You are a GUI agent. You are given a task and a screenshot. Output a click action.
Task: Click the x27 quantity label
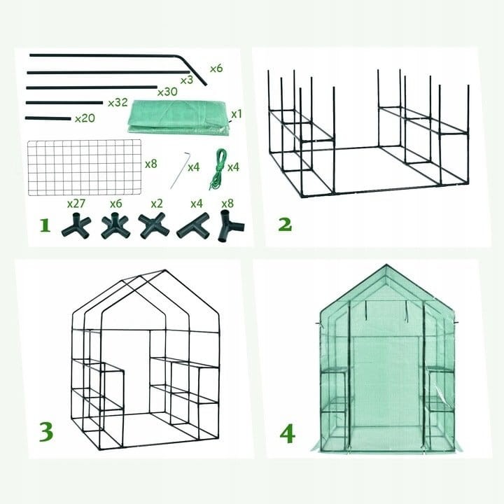point(76,204)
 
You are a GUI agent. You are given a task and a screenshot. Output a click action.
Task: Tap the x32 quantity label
point(118,103)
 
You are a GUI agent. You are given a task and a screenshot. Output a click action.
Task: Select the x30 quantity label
point(167,92)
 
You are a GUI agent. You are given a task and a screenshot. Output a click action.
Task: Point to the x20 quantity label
point(85,118)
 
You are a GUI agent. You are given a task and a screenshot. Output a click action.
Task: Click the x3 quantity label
point(187,80)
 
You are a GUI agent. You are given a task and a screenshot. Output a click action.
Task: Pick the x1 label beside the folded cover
point(237,114)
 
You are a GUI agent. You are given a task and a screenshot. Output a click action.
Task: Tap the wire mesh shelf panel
point(85,167)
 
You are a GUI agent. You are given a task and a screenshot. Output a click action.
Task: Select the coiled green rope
point(218,169)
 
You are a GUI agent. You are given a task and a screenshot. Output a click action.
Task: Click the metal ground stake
point(181,170)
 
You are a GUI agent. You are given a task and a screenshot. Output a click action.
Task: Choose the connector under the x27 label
point(76,225)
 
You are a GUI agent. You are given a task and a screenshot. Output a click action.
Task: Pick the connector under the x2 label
point(153,225)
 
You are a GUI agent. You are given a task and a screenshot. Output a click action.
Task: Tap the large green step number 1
point(45,225)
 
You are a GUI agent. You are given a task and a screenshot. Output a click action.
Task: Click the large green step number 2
point(285,225)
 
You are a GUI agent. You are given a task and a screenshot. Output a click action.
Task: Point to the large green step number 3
point(46,431)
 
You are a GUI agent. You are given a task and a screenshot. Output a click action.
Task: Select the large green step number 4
point(288,433)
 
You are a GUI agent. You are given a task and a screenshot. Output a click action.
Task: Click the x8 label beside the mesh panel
point(151,164)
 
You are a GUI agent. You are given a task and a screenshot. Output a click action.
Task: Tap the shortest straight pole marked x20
point(48,118)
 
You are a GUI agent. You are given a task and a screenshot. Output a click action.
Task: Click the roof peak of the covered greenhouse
point(386,265)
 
